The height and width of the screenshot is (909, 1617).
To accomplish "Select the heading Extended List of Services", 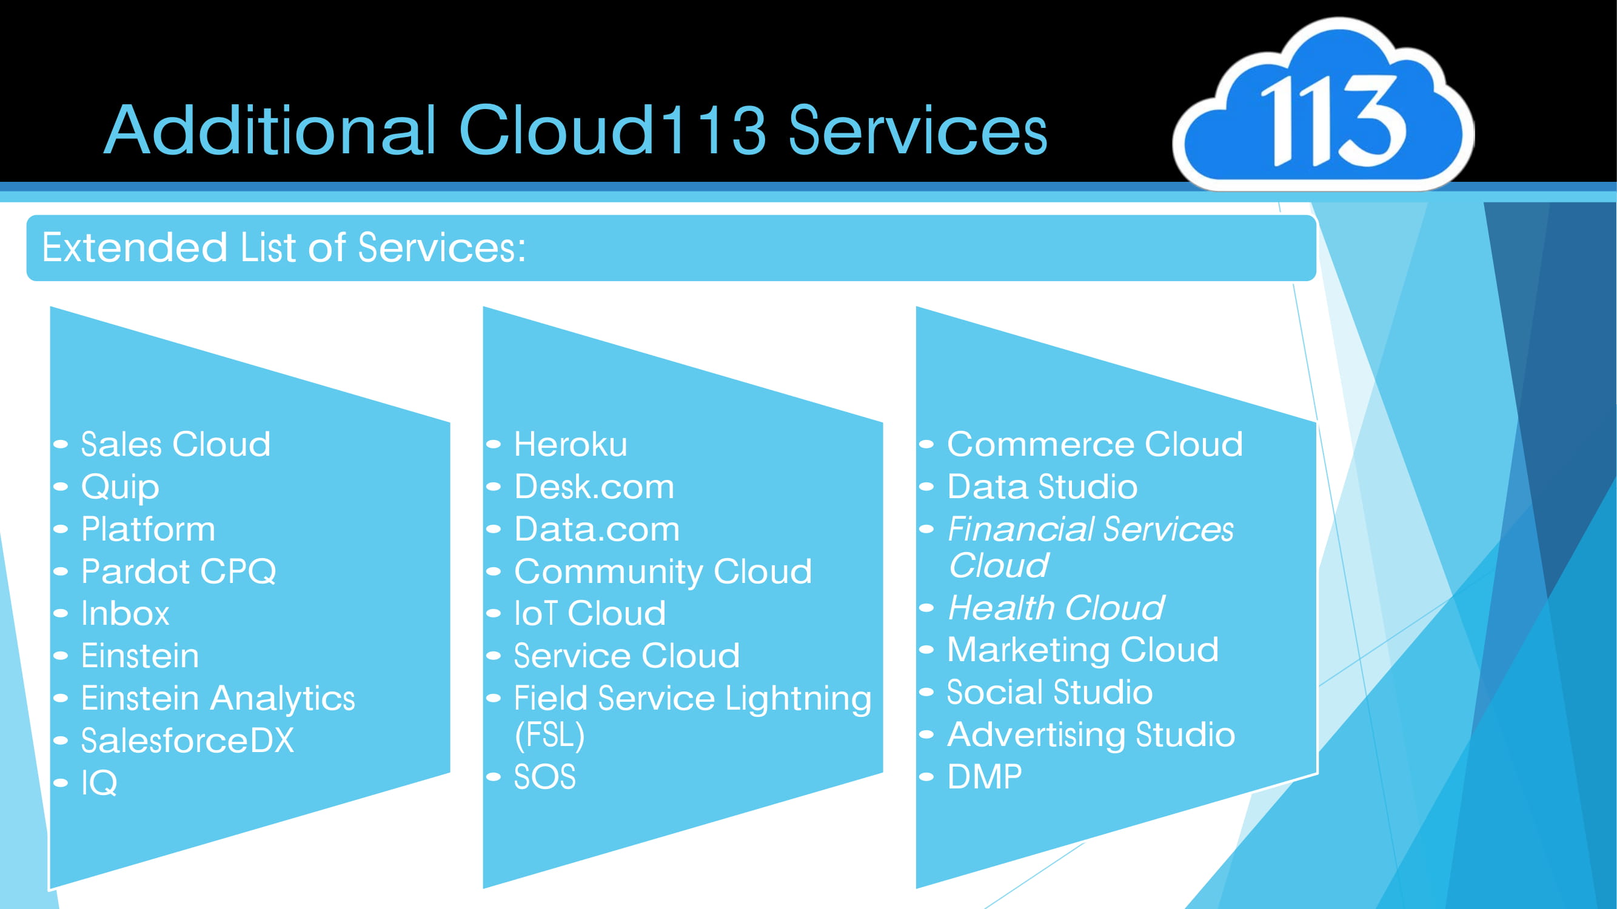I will [284, 248].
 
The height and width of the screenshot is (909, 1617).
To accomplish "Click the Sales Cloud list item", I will [176, 444].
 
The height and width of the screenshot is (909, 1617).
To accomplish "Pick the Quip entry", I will [120, 487].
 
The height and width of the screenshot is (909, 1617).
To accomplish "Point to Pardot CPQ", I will [178, 571].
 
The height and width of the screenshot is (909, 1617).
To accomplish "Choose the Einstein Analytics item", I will [218, 698].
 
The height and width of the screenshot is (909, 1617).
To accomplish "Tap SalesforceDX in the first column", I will [187, 741].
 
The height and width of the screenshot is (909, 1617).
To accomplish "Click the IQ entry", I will [99, 783].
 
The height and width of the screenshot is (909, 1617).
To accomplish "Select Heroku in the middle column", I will [571, 444].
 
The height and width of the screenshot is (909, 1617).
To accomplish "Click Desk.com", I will [594, 487].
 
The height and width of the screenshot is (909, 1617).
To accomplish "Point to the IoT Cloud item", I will [589, 613].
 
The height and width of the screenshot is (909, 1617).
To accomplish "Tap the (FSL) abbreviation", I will [549, 734].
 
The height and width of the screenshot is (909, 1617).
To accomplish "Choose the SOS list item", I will [545, 777].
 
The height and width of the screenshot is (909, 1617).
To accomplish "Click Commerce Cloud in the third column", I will [1095, 444].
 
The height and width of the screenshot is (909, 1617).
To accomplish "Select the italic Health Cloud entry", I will [1056, 608].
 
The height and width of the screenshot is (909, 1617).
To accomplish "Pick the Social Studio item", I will [1050, 693].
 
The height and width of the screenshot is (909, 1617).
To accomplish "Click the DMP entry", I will [984, 777].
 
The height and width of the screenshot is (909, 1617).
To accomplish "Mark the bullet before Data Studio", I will [926, 487].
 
